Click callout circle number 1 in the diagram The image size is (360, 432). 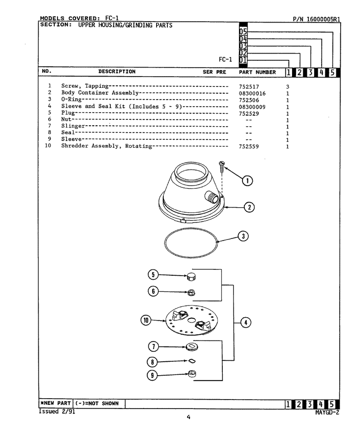click(x=247, y=181)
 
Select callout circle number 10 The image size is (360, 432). click(x=146, y=320)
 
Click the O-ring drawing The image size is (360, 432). click(x=164, y=243)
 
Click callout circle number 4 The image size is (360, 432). click(x=246, y=323)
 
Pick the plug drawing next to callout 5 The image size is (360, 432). click(x=191, y=277)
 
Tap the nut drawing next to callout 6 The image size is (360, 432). click(x=191, y=293)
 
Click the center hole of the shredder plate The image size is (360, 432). click(x=191, y=320)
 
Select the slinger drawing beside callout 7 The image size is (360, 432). click(x=192, y=346)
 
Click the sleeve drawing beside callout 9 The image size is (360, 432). click(x=192, y=374)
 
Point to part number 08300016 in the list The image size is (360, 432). click(x=252, y=93)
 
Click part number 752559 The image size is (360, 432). click(x=248, y=146)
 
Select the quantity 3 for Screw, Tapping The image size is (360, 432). click(x=288, y=87)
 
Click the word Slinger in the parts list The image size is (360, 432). click(x=73, y=126)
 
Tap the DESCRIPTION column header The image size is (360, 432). click(x=117, y=72)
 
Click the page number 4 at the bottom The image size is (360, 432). click(x=189, y=418)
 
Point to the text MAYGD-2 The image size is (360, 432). click(x=327, y=413)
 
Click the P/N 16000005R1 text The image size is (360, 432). click(x=316, y=19)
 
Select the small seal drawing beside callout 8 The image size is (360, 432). click(x=192, y=361)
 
